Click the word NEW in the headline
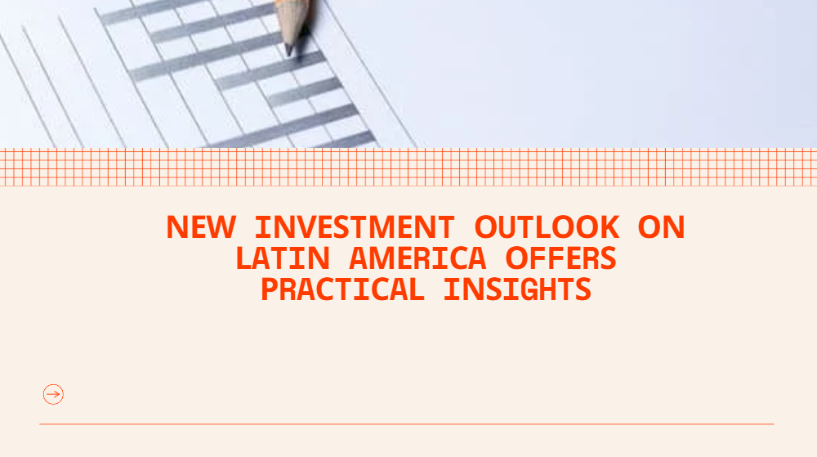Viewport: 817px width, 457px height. (x=201, y=227)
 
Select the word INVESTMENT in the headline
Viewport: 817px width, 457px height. (x=355, y=227)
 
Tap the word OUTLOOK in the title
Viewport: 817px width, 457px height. (x=547, y=227)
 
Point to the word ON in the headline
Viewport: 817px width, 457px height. (x=661, y=227)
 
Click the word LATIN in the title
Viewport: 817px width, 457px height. (x=283, y=258)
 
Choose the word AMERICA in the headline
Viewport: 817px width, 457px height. (x=417, y=258)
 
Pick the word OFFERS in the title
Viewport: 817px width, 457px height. (x=561, y=258)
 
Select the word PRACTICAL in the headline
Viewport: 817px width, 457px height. (x=342, y=289)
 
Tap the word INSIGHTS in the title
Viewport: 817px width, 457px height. (x=517, y=289)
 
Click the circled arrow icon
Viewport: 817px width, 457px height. (x=53, y=395)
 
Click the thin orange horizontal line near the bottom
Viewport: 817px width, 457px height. (x=406, y=424)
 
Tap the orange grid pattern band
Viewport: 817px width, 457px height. (x=408, y=168)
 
